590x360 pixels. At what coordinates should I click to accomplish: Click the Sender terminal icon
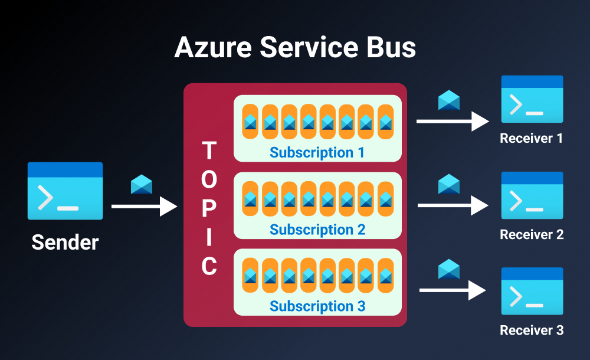65,191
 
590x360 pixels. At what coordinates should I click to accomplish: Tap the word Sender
65,242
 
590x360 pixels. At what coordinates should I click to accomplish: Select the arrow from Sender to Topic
144,207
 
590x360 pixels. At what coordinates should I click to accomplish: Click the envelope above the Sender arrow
142,184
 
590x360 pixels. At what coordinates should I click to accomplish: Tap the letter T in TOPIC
209,151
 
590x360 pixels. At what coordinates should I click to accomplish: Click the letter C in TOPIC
209,267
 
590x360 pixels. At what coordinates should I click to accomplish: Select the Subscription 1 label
317,152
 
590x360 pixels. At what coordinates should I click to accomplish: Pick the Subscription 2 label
317,229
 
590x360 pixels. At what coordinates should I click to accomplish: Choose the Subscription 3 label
317,306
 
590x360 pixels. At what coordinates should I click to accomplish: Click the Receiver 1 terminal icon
532,99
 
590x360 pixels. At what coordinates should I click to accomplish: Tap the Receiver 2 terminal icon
532,195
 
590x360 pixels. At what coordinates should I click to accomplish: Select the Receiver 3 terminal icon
532,291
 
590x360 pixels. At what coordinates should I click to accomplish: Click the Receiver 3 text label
532,330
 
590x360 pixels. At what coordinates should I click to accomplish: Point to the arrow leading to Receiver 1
453,122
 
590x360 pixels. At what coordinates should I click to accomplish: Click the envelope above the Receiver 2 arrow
449,184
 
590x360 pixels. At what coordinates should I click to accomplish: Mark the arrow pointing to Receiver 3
453,290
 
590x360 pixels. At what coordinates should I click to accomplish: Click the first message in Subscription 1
250,122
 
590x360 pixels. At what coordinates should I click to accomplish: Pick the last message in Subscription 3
385,276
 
